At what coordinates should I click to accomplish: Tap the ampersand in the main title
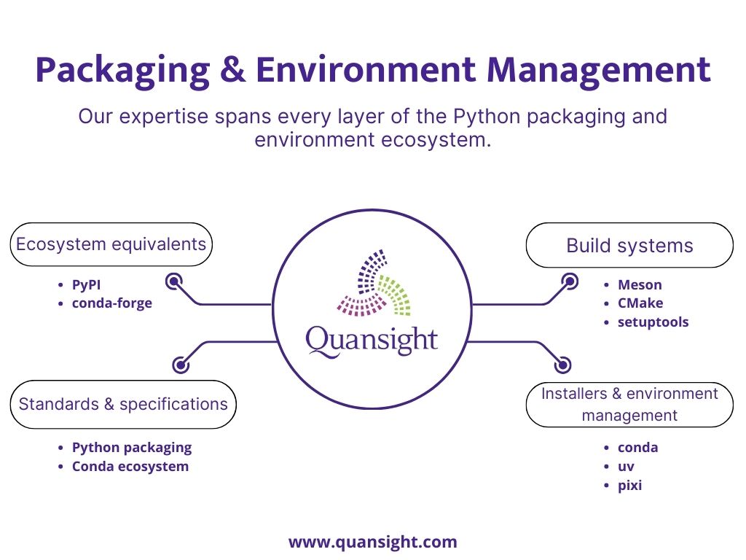pyautogui.click(x=232, y=70)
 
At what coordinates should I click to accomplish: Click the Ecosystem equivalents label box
pyautogui.click(x=111, y=244)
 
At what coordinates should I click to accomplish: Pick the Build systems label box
pyautogui.click(x=629, y=245)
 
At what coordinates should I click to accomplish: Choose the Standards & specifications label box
pyautogui.click(x=123, y=404)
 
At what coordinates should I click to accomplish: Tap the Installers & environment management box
pyautogui.click(x=629, y=404)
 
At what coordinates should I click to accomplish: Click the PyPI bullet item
pyautogui.click(x=86, y=285)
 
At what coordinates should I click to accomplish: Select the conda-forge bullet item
pyautogui.click(x=111, y=303)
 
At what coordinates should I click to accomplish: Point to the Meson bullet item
pyautogui.click(x=640, y=285)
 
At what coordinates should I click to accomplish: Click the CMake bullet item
pyautogui.click(x=640, y=303)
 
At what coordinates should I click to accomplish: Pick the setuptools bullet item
pyautogui.click(x=653, y=322)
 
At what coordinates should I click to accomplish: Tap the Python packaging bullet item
pyautogui.click(x=132, y=448)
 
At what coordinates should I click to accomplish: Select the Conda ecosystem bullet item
pyautogui.click(x=130, y=467)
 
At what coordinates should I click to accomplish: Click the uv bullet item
pyautogui.click(x=626, y=467)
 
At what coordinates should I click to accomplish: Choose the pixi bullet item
pyautogui.click(x=629, y=486)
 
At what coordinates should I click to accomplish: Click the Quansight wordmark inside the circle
pyautogui.click(x=372, y=341)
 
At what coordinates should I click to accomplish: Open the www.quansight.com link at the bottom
pyautogui.click(x=372, y=542)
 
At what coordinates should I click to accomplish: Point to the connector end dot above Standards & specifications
pyautogui.click(x=181, y=365)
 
